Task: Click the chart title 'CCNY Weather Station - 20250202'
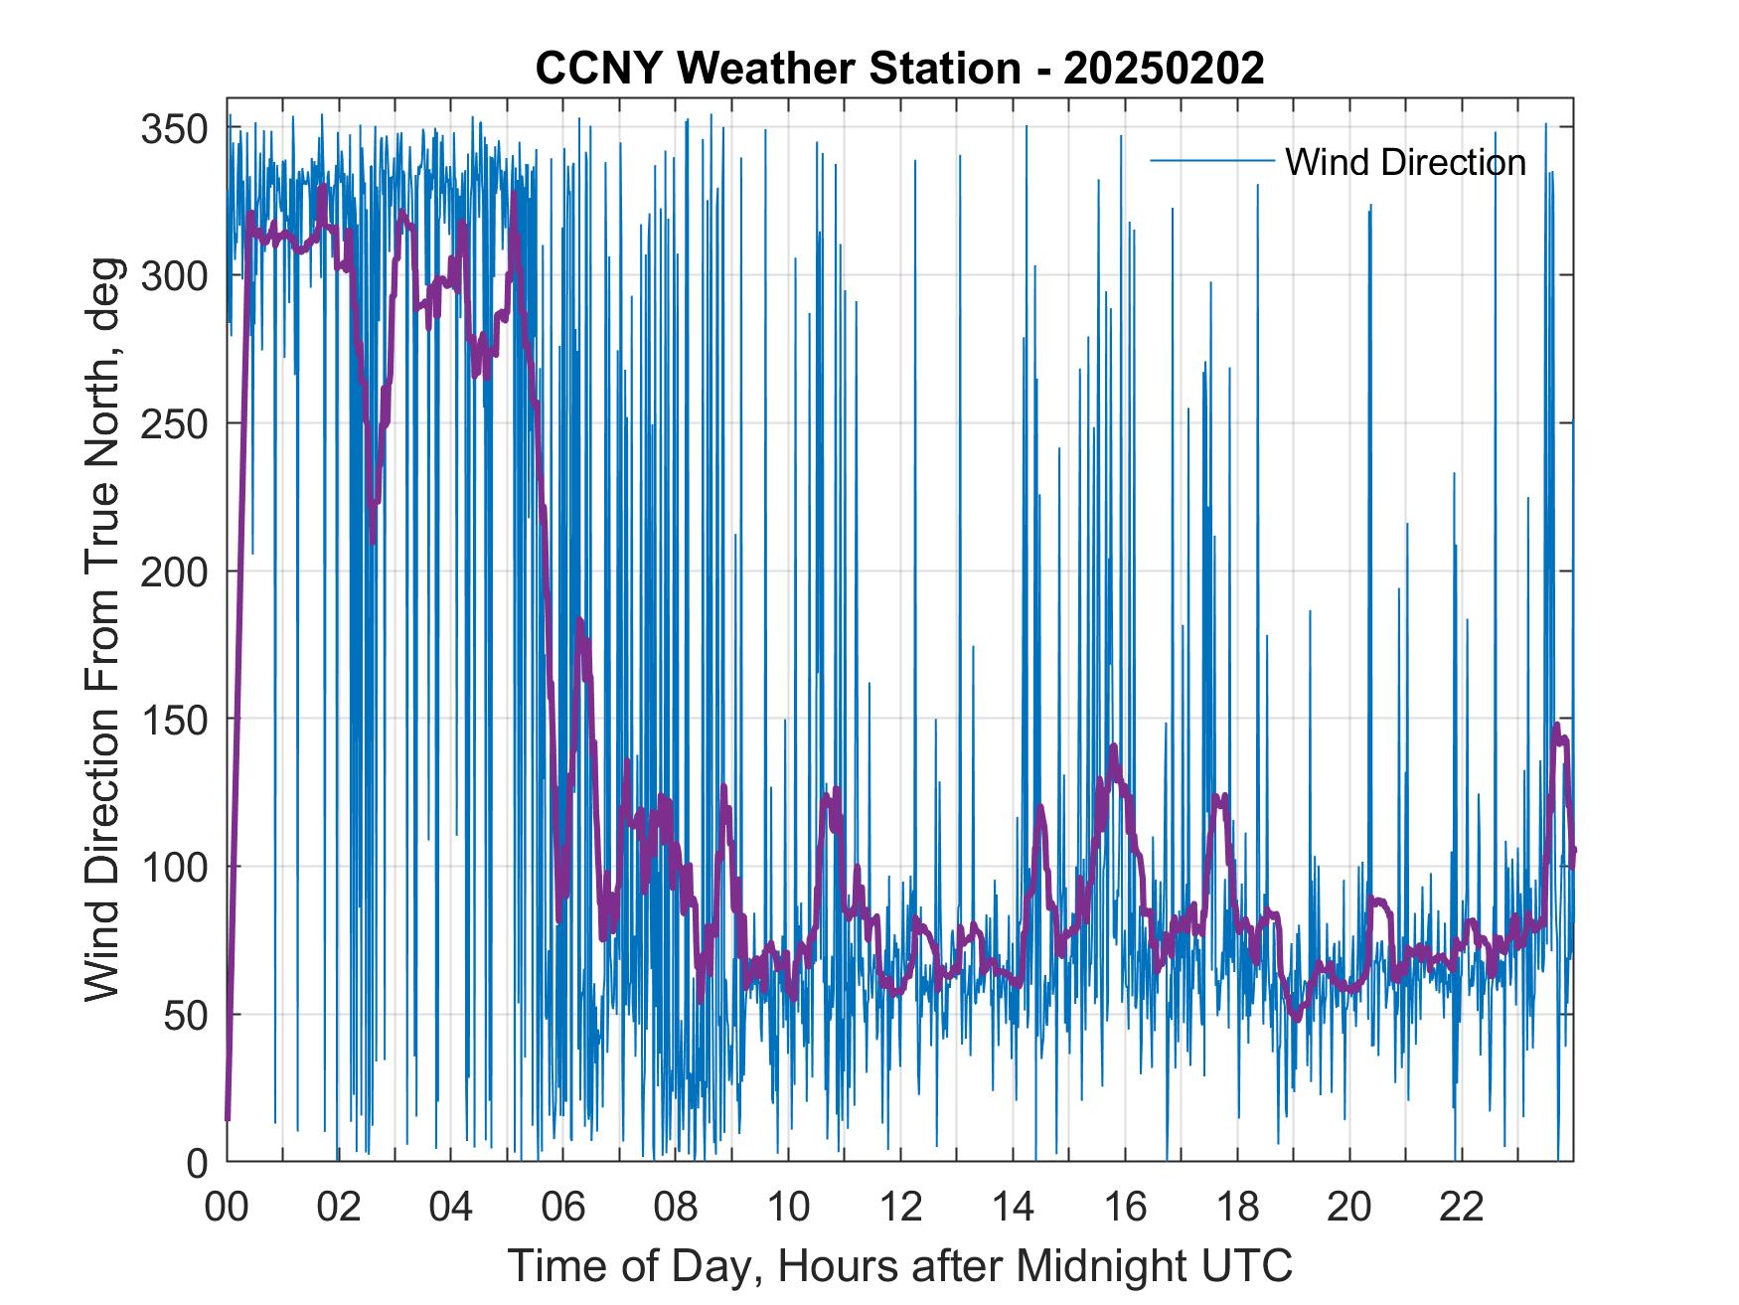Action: pos(899,69)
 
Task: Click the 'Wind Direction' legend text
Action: pos(1405,162)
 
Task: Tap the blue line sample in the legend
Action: pos(1211,161)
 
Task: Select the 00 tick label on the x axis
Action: pos(227,1209)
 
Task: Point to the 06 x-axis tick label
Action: pos(563,1209)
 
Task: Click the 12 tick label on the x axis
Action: pos(900,1209)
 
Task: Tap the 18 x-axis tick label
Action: pos(1237,1209)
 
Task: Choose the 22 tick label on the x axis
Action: pos(1462,1209)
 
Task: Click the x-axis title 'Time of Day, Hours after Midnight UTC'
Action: pos(900,1266)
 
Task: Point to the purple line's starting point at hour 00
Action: pos(228,1119)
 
